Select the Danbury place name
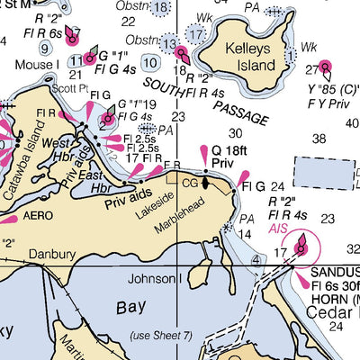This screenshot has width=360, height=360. (50, 255)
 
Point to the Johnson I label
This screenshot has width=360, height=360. (155, 279)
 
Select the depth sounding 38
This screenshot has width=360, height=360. (319, 138)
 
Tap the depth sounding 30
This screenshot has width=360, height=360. (234, 133)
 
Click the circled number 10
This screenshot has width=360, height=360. (151, 62)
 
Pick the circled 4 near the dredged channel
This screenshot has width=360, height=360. (256, 260)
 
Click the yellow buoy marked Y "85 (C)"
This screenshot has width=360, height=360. (326, 67)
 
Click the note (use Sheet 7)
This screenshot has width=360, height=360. (161, 336)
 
